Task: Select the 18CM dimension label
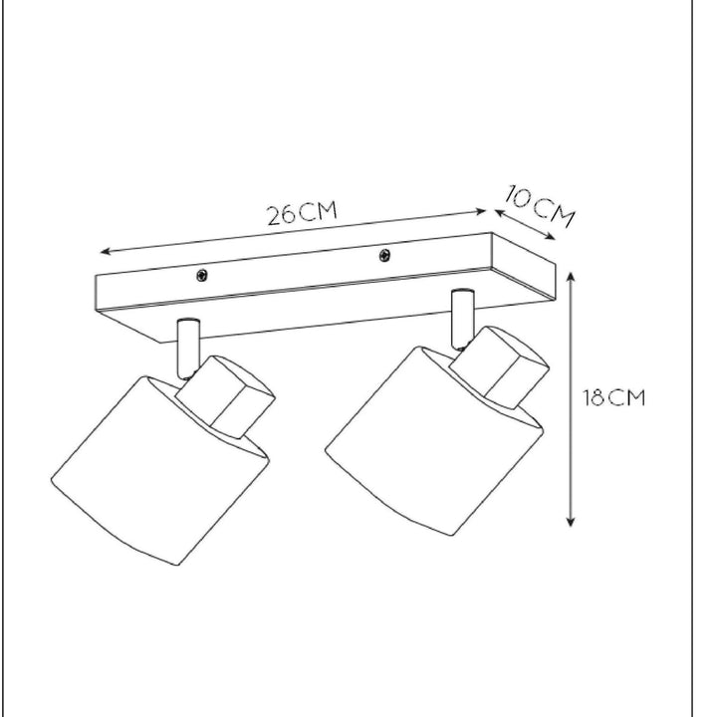(613, 398)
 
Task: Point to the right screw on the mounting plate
(384, 257)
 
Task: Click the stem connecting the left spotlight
(187, 349)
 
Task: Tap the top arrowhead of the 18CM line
(572, 271)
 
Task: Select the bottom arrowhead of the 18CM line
(572, 522)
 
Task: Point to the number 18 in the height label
(595, 398)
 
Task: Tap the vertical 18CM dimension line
(572, 398)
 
